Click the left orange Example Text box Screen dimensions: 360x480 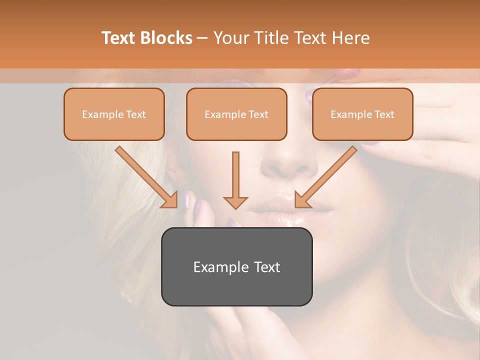click(114, 114)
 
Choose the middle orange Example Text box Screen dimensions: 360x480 click(236, 114)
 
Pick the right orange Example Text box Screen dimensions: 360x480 click(362, 114)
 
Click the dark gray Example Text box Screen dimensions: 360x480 click(236, 266)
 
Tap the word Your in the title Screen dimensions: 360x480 click(230, 38)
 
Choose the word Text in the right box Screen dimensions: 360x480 click(384, 114)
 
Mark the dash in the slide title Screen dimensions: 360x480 click(202, 38)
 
